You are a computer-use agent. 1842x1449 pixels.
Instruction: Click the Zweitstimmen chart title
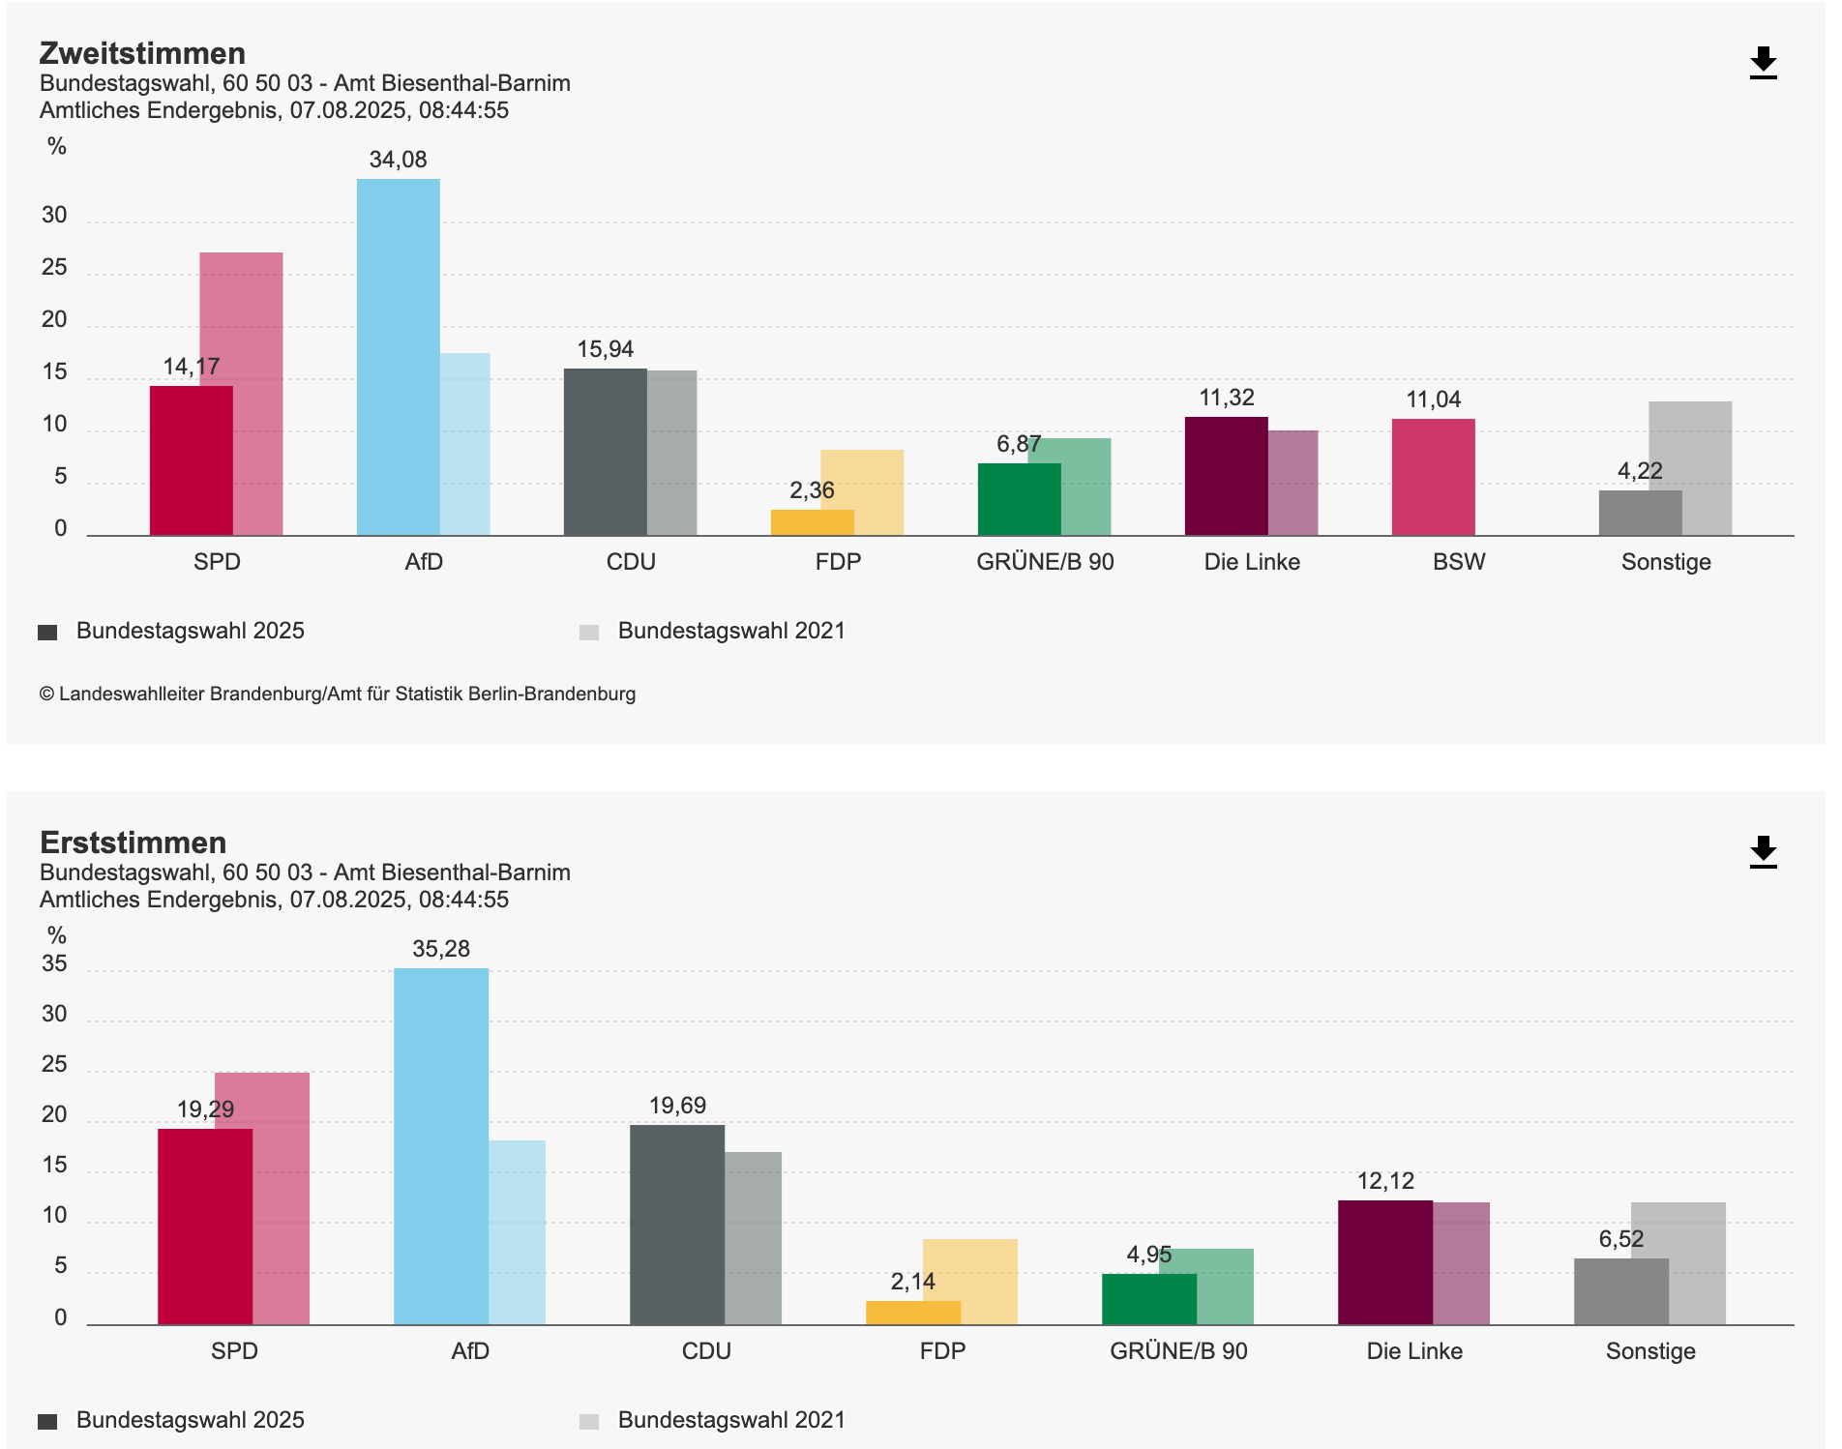(142, 53)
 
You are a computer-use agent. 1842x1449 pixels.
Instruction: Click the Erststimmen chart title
(133, 843)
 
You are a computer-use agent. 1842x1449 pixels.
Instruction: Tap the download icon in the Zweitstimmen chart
(1763, 63)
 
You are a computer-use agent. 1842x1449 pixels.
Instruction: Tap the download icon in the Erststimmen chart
(1763, 852)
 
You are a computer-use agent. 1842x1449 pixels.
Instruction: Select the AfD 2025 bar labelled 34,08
(398, 358)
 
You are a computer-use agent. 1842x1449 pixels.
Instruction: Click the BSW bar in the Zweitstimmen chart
(1433, 477)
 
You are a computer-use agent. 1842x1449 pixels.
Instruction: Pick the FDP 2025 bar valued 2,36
(812, 522)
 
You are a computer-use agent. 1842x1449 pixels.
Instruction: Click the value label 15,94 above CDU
(606, 349)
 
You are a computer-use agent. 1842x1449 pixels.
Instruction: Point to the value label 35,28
(441, 949)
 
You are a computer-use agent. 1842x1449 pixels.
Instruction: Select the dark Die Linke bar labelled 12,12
(1384, 1262)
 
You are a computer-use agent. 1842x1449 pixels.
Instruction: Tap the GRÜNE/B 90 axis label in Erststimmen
(1178, 1351)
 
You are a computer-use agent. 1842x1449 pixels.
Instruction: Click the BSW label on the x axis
(1459, 562)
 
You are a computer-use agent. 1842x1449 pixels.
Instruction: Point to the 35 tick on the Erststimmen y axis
(54, 963)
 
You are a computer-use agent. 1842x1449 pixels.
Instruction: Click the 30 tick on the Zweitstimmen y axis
(54, 215)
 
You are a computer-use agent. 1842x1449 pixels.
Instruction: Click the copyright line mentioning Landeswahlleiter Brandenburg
(338, 694)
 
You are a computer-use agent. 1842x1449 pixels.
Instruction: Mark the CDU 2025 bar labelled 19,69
(676, 1225)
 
